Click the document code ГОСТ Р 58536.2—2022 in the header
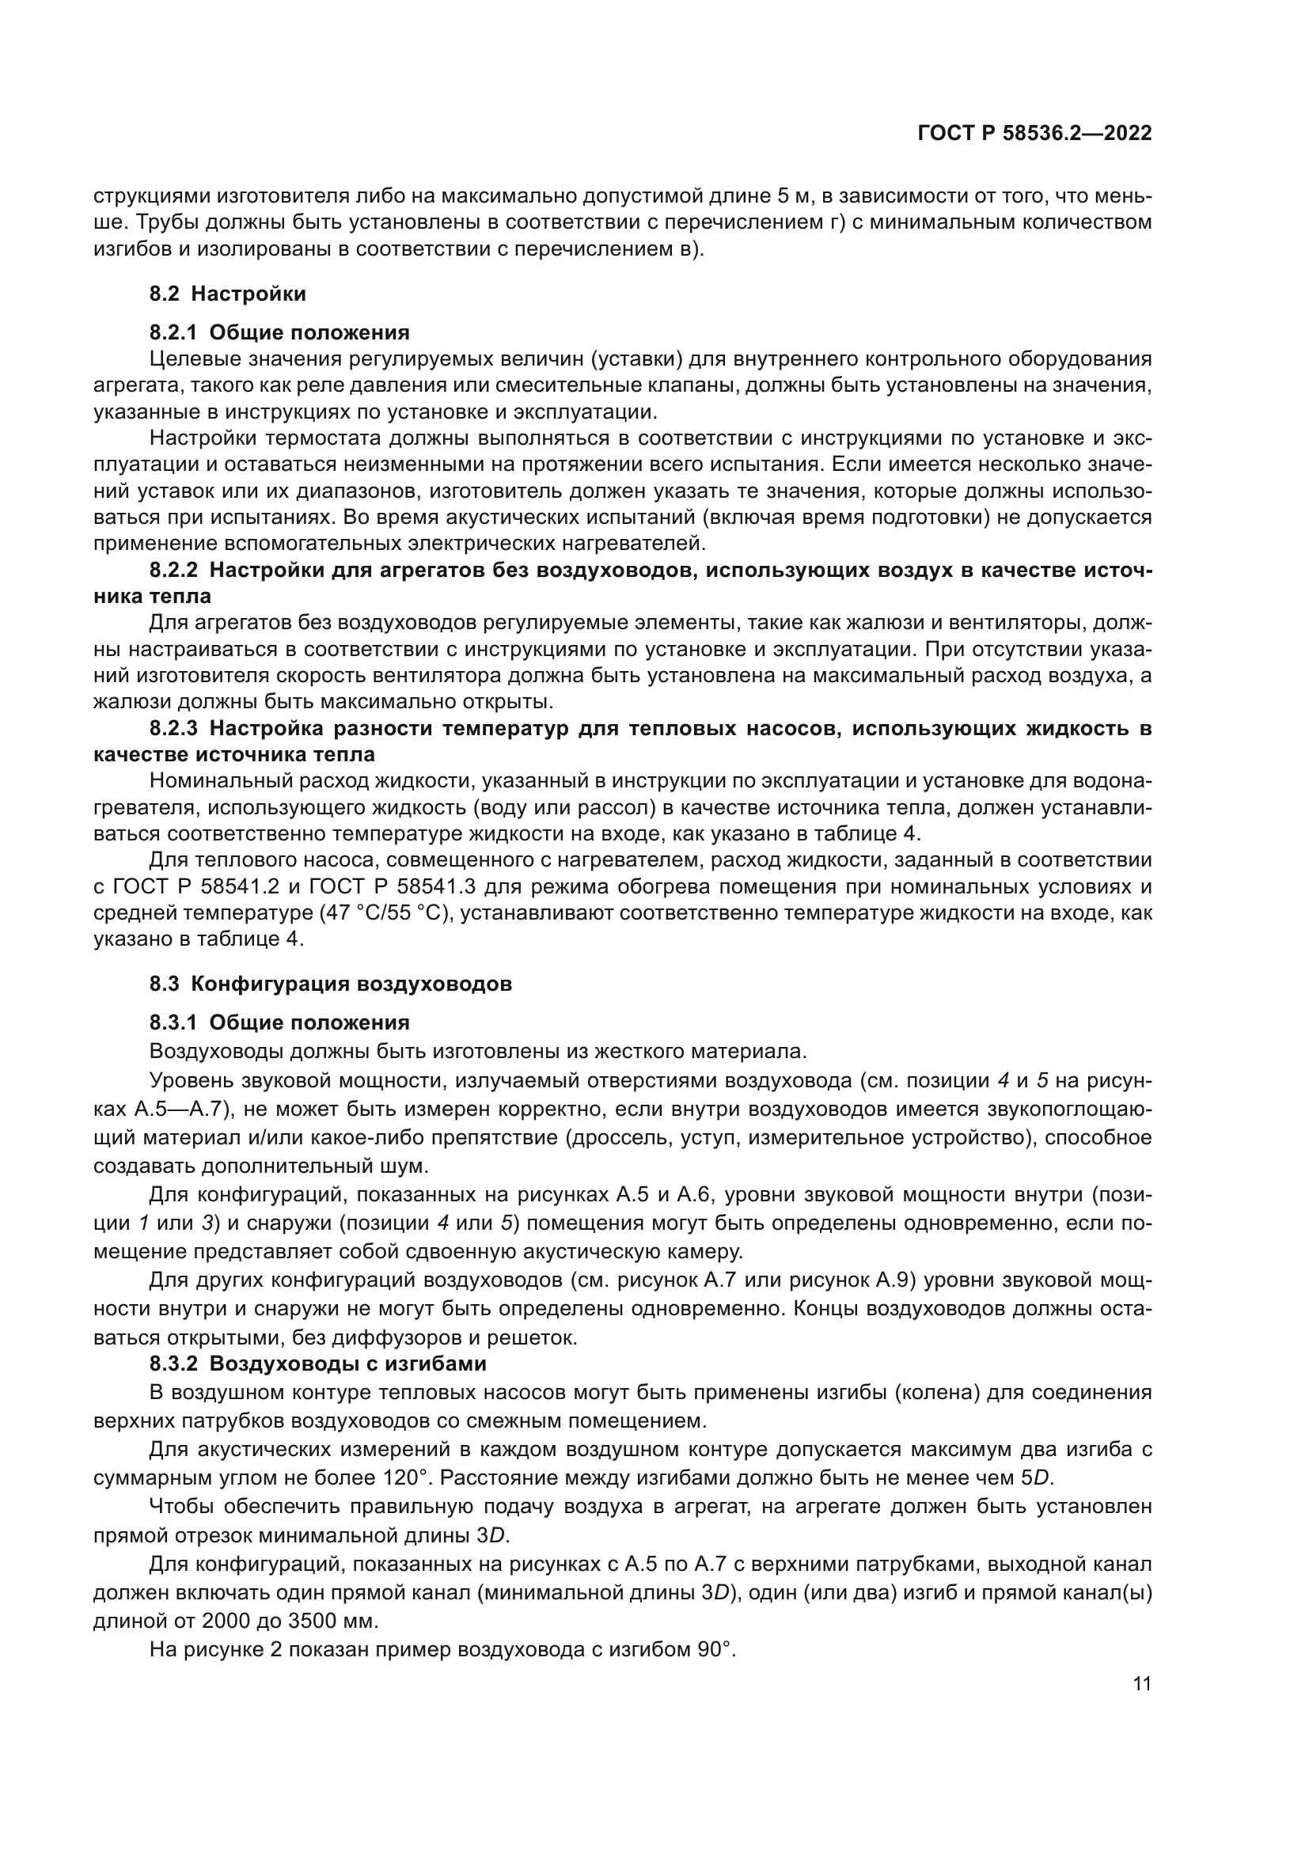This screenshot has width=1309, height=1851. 1034,134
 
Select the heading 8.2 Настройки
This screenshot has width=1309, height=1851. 227,294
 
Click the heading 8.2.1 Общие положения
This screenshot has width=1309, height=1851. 279,332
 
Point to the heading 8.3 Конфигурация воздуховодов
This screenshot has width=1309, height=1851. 331,984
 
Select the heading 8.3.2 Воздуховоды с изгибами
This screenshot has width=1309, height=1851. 317,1364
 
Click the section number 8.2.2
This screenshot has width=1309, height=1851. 173,571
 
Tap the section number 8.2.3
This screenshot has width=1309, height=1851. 173,729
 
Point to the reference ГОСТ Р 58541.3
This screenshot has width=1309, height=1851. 393,887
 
